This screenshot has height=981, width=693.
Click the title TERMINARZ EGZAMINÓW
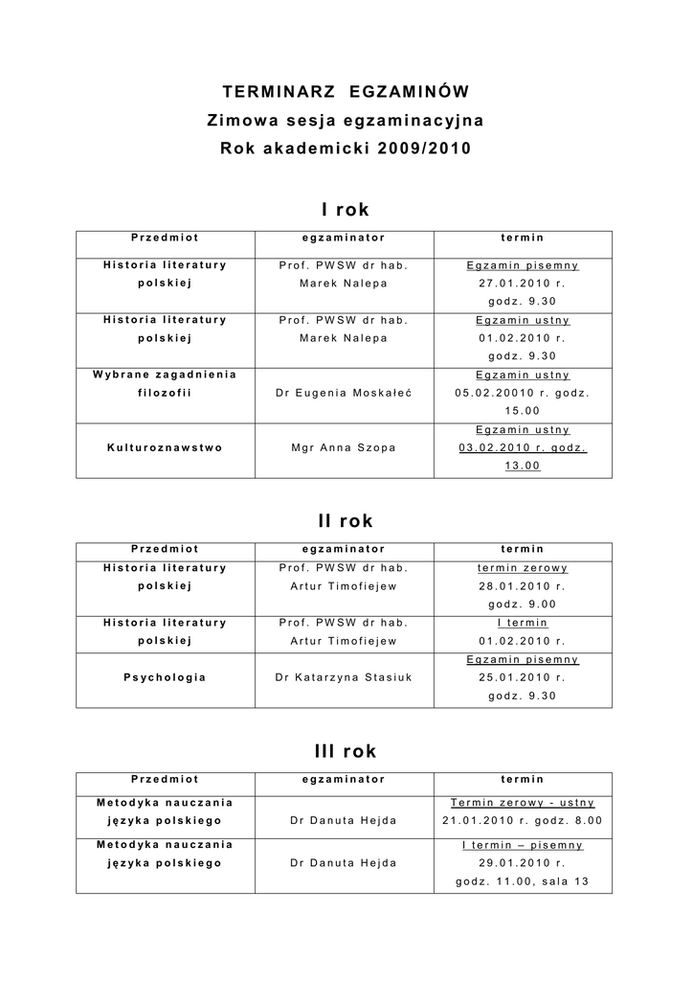click(x=346, y=92)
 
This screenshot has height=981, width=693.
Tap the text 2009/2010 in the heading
click(x=424, y=149)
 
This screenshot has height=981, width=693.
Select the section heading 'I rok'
click(x=345, y=209)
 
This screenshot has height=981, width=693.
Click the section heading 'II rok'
click(x=345, y=521)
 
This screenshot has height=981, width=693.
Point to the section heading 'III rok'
click(x=345, y=751)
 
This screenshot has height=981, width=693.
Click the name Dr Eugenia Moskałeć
click(x=343, y=393)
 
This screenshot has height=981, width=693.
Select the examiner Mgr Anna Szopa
click(x=343, y=447)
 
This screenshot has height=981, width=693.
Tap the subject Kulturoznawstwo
click(x=166, y=447)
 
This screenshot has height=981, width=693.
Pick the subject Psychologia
click(x=166, y=677)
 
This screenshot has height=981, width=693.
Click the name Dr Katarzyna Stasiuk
click(x=343, y=677)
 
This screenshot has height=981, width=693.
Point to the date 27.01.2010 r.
click(x=522, y=284)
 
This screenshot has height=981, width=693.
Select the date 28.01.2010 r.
click(x=522, y=585)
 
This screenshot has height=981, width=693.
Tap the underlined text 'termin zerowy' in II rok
click(x=522, y=567)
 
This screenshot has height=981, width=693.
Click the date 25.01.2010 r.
click(x=522, y=677)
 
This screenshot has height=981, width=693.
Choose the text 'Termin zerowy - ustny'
click(x=522, y=803)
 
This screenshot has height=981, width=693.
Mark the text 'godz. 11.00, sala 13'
click(x=522, y=881)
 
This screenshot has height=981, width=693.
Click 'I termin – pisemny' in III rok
click(x=522, y=845)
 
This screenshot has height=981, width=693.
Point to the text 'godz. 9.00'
click(x=522, y=604)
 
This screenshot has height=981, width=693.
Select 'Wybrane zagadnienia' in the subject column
click(x=166, y=375)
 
